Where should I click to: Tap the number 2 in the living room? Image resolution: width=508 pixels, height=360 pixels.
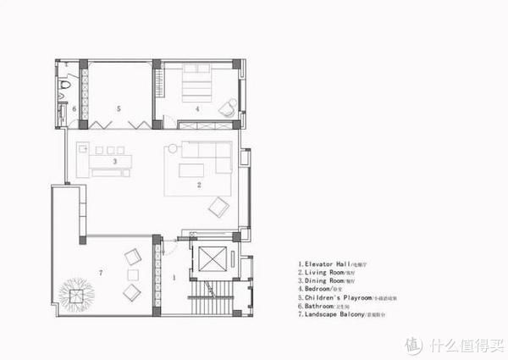[x=199, y=184]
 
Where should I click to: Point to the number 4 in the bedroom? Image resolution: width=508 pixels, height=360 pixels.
[x=196, y=109]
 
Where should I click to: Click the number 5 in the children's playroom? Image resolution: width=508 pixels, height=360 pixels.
[x=119, y=109]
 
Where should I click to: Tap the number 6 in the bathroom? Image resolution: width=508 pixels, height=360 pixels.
[x=74, y=109]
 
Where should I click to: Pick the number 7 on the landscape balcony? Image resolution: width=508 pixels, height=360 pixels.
[x=102, y=272]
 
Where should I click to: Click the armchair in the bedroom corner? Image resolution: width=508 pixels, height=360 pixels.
[x=227, y=108]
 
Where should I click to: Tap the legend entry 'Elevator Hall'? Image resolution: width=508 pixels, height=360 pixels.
[x=330, y=263]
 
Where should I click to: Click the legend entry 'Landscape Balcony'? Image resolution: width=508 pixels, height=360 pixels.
[x=339, y=314]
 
